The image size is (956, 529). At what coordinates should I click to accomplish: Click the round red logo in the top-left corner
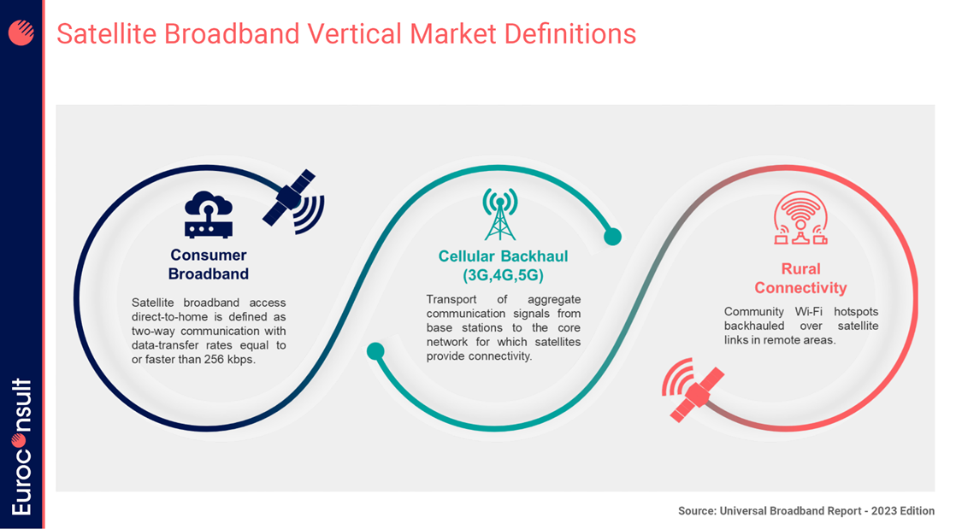click(21, 32)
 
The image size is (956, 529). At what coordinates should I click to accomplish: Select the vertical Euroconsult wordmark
click(22, 446)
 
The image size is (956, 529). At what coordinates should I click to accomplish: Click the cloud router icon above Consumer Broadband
click(209, 214)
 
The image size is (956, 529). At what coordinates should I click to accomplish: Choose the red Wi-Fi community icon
click(800, 217)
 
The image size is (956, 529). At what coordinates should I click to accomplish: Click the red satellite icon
click(694, 392)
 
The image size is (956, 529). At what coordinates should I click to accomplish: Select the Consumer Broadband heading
click(209, 264)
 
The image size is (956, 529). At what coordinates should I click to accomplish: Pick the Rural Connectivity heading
click(800, 279)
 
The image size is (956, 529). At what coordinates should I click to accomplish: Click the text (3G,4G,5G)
click(503, 276)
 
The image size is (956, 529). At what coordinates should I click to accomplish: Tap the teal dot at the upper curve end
click(611, 236)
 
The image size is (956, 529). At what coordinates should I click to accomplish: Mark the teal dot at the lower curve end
click(375, 350)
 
